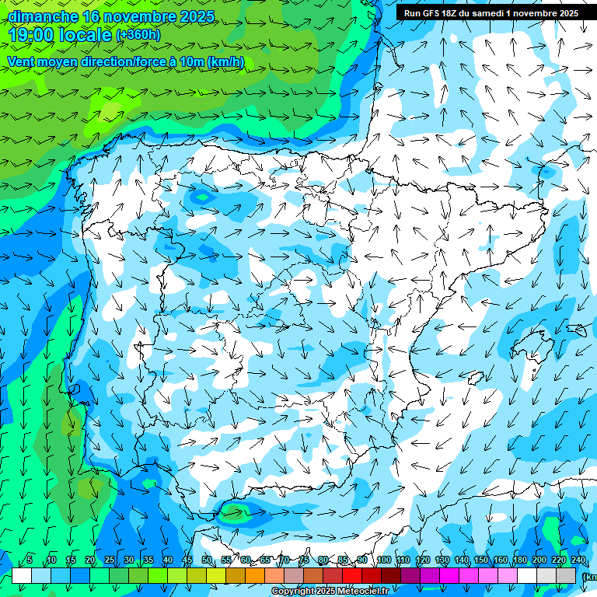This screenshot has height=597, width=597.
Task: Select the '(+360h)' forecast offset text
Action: pyautogui.click(x=138, y=34)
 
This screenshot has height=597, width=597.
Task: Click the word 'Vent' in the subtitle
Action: pyautogui.click(x=22, y=62)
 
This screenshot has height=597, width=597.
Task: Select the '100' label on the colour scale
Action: pyautogui.click(x=384, y=560)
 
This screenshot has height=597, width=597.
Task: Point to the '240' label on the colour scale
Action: pyautogui.click(x=578, y=560)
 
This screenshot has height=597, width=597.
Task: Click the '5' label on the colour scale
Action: pyautogui.click(x=30, y=560)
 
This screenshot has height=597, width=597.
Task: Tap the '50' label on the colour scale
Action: pyautogui.click(x=207, y=560)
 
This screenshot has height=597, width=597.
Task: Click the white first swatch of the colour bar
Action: pyautogui.click(x=22, y=575)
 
